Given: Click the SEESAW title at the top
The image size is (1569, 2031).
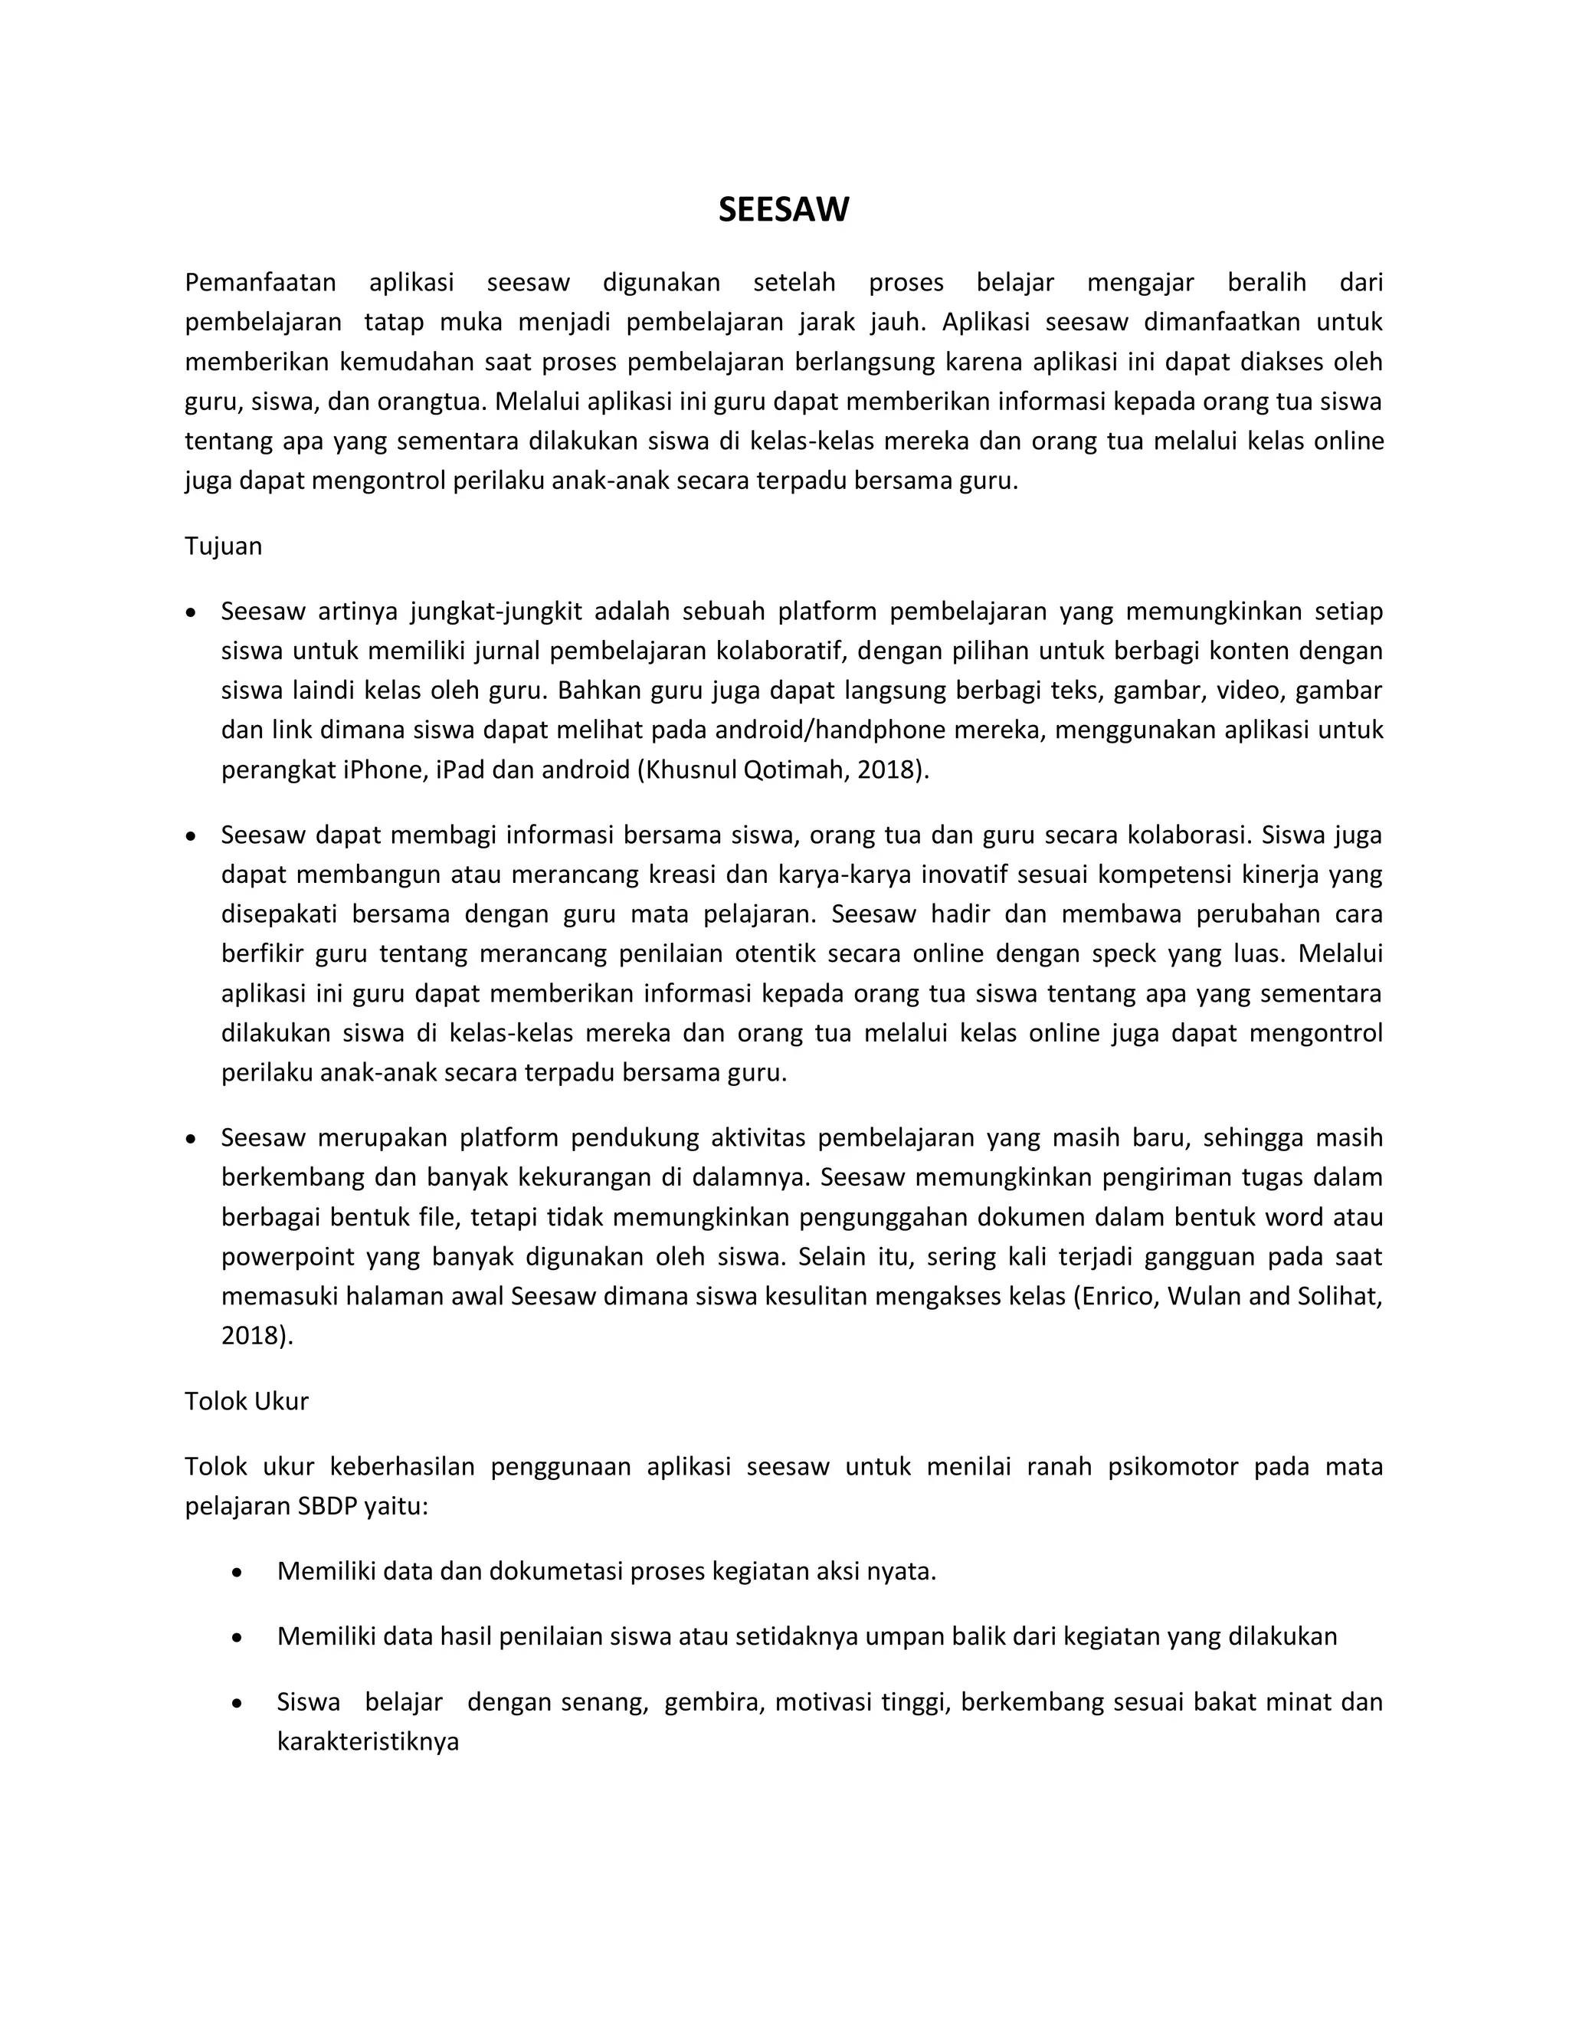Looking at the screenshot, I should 783,210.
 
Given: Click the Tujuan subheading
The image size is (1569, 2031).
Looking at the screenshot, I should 223,546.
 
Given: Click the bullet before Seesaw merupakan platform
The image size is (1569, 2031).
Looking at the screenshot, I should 192,1139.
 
